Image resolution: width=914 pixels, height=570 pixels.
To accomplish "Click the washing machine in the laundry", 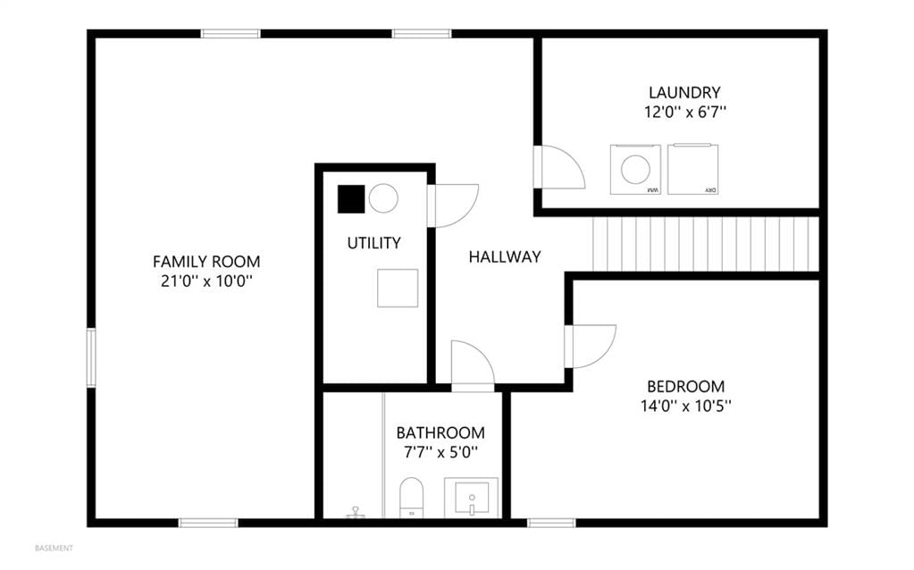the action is (x=635, y=169).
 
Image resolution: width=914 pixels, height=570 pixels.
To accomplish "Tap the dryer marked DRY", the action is (x=692, y=169).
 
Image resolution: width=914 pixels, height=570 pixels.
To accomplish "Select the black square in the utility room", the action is (x=351, y=198).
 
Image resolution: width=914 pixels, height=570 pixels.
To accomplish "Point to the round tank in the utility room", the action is (x=383, y=198).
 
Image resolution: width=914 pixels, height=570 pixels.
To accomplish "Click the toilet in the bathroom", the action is (x=412, y=497).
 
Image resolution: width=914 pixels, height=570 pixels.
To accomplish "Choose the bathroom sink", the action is (x=471, y=497).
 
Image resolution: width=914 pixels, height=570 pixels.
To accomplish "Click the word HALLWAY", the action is (x=505, y=257).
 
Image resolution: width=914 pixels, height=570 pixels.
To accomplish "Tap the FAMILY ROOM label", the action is (x=206, y=262).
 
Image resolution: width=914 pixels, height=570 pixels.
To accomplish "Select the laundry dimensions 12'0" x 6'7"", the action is (x=685, y=112).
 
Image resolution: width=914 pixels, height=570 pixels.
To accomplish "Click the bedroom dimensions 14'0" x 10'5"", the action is (x=686, y=406).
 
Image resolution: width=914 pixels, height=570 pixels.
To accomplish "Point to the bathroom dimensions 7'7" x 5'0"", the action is (x=440, y=452).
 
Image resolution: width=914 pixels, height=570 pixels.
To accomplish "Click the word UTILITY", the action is (x=373, y=243).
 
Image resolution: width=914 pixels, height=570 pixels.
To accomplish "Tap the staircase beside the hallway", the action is (x=706, y=244).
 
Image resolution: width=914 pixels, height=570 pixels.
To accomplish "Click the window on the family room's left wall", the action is (x=91, y=357).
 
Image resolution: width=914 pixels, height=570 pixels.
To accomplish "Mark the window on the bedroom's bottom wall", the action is (x=551, y=523).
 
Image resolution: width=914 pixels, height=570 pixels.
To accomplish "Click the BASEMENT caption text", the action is (x=55, y=549).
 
